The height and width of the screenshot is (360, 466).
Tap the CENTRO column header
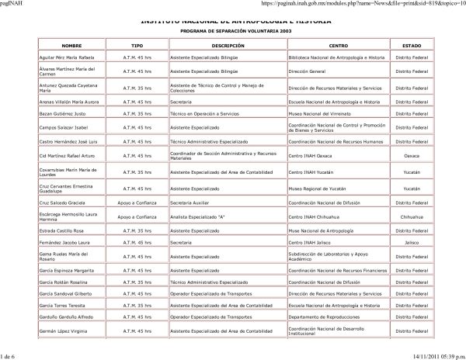coord(338,47)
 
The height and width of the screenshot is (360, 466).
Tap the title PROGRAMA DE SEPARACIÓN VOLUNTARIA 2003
coord(232,30)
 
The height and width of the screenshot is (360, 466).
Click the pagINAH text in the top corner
coord(12,4)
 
